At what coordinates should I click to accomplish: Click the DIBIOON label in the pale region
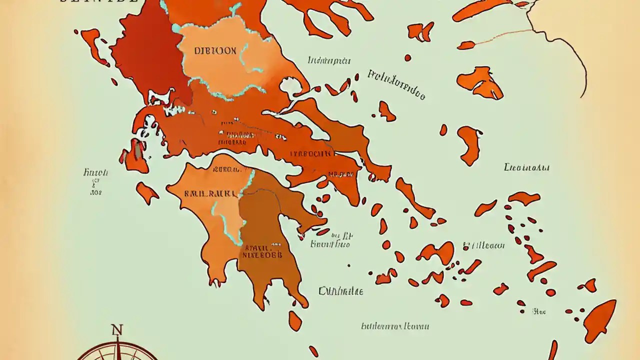[x=214, y=51]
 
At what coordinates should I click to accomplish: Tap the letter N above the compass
[x=117, y=330]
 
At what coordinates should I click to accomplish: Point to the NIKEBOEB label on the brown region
[x=262, y=254]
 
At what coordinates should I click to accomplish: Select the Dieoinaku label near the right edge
[x=526, y=167]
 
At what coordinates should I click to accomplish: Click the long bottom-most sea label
[x=395, y=326]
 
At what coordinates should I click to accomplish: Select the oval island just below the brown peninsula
[x=295, y=320]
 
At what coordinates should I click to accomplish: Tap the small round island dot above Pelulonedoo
[x=407, y=58]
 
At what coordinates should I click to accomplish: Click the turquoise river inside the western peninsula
[x=220, y=215]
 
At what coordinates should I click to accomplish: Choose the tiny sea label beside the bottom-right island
[x=539, y=311]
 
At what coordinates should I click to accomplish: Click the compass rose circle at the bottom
[x=117, y=352]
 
